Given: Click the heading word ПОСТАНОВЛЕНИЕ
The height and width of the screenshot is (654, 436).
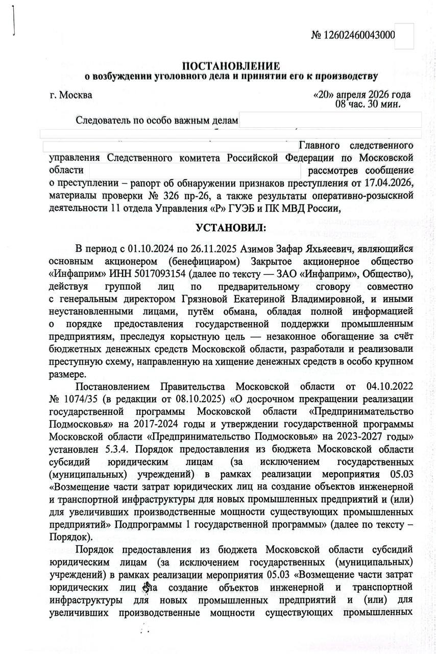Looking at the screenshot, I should (231, 66).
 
